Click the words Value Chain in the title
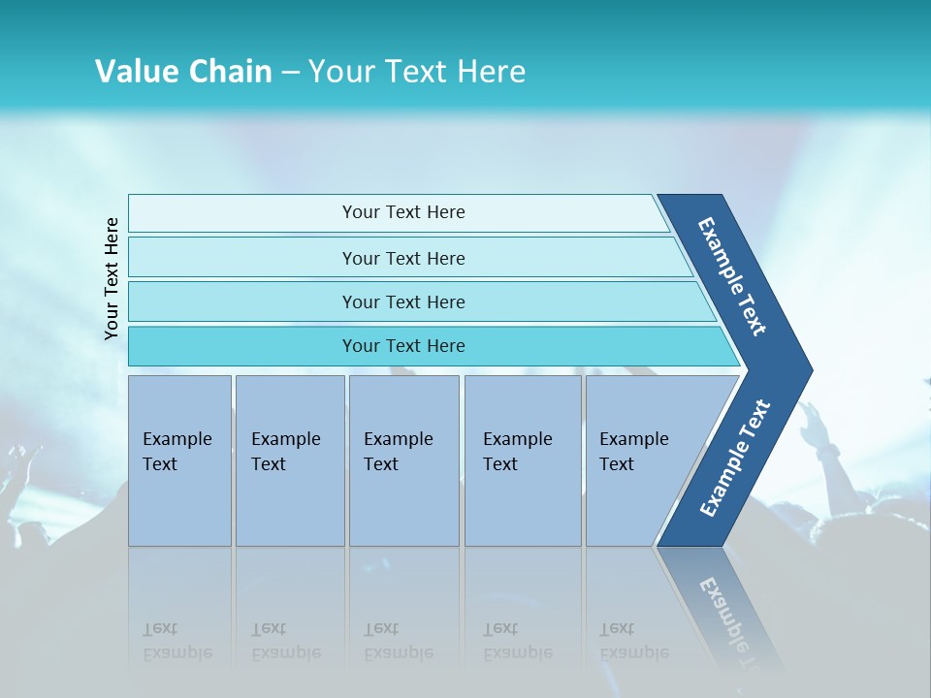[183, 72]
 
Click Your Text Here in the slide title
[417, 72]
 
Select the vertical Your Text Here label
[112, 278]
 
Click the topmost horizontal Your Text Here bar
[403, 212]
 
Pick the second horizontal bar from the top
[403, 258]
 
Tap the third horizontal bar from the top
[403, 301]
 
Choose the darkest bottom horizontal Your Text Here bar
[403, 346]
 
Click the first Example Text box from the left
[179, 460]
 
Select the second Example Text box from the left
[289, 460]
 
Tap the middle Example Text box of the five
[403, 460]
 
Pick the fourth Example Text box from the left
[522, 460]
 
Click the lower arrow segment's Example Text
[735, 458]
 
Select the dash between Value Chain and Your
[289, 73]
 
